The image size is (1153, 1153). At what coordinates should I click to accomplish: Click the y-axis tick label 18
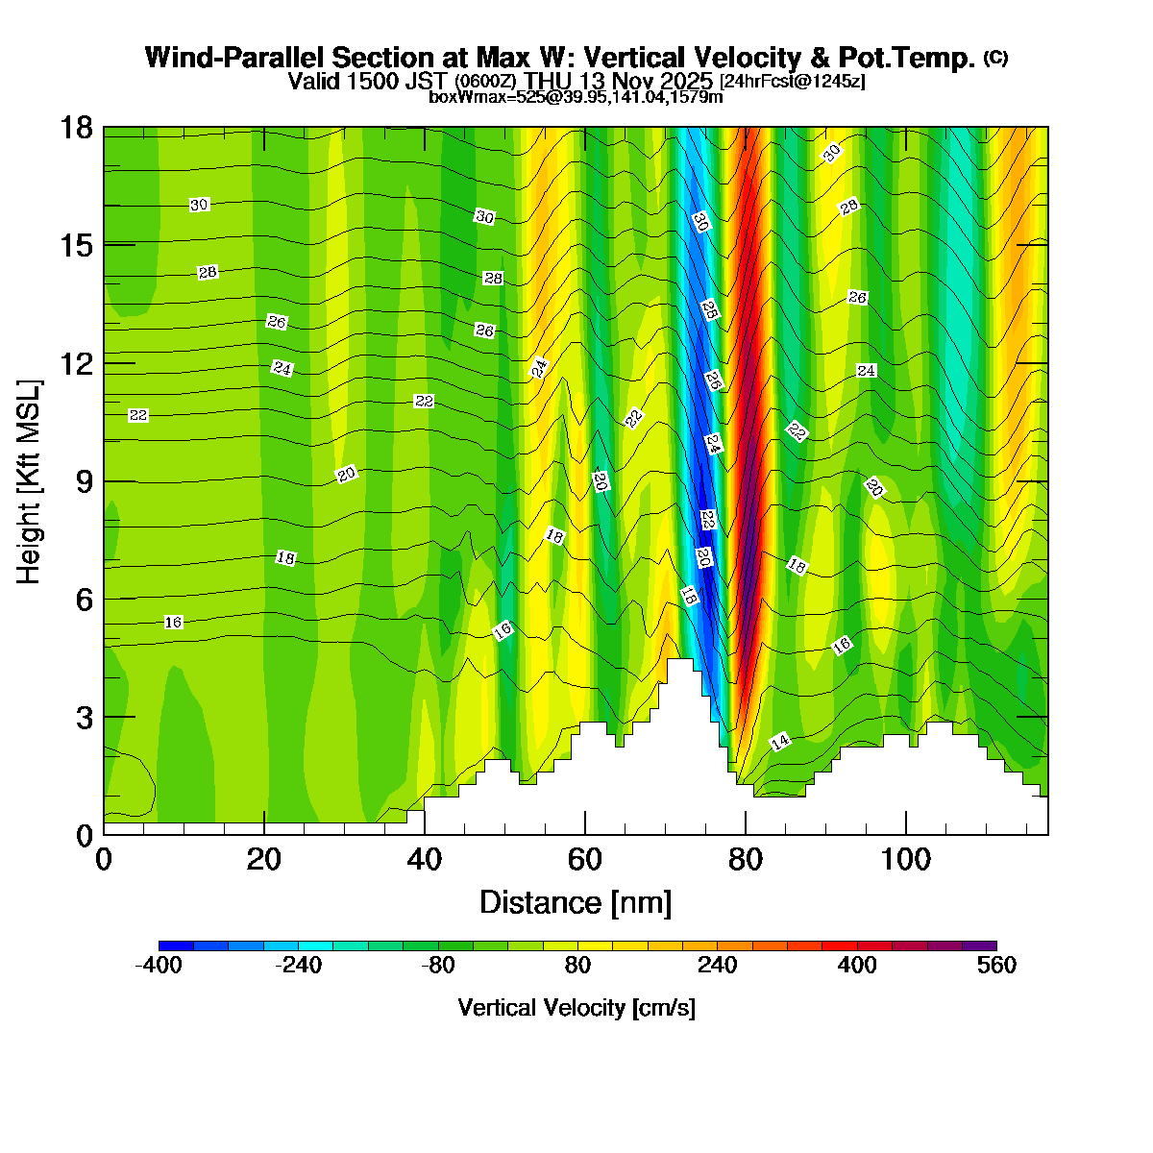78,128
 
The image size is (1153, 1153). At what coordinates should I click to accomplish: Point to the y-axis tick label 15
78,246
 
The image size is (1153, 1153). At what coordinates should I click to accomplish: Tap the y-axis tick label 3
85,718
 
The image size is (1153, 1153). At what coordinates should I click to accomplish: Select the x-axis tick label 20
263,858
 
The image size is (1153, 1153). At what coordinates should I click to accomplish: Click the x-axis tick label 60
584,858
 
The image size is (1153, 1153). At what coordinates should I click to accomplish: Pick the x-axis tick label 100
906,858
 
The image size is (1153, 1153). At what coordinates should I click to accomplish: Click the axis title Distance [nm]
576,903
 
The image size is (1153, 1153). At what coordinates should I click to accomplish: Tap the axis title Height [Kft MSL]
30,481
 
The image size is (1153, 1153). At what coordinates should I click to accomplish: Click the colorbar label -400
159,966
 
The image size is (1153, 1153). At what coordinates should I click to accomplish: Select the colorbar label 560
996,966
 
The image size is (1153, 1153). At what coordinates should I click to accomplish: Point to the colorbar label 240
717,966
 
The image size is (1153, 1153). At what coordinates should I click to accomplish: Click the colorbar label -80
438,966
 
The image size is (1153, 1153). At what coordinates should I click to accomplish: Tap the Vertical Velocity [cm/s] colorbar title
576,1008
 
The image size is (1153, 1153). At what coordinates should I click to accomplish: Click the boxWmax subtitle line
576,96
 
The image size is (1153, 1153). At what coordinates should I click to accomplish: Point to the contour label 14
780,742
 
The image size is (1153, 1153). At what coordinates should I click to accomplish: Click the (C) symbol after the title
995,58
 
